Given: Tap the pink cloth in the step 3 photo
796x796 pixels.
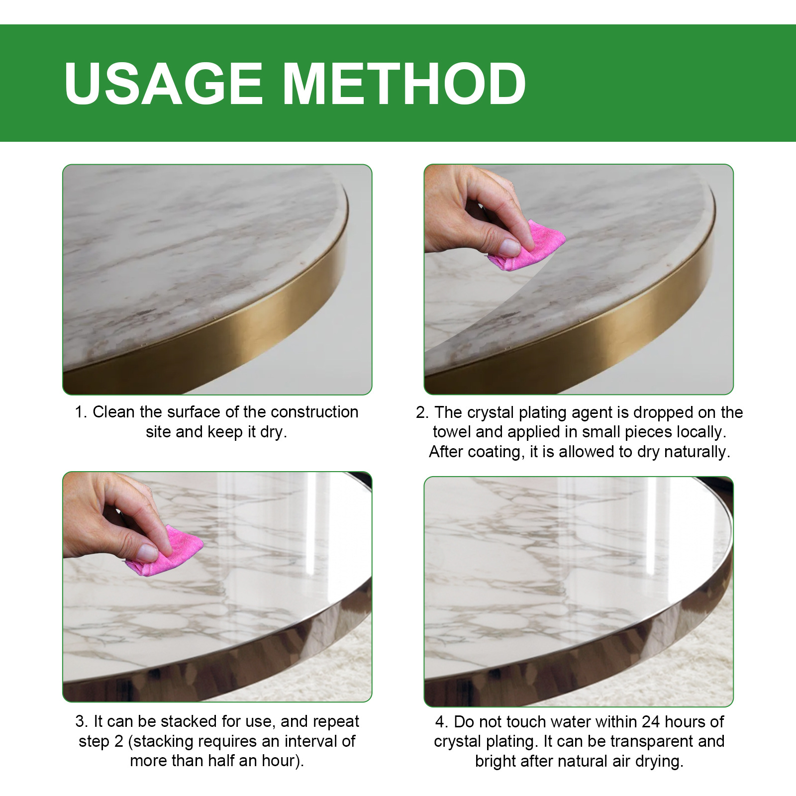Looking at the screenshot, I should point(169,553).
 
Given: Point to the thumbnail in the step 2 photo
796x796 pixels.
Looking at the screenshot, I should point(509,247).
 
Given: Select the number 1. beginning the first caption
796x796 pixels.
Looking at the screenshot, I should point(81,412).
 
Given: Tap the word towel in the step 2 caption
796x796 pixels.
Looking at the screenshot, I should point(451,432).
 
